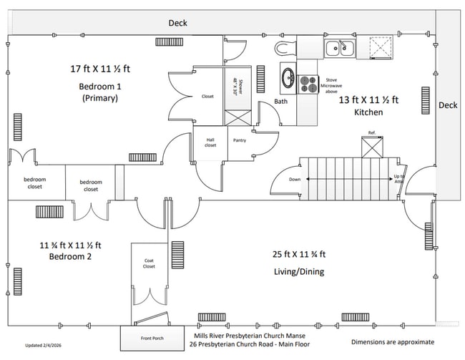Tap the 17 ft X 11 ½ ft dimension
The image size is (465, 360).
[100, 69]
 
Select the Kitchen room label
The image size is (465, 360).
[368, 112]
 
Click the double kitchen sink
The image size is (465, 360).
[340, 49]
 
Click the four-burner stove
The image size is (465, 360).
[309, 84]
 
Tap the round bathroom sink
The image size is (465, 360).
[288, 77]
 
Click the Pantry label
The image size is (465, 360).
[240, 140]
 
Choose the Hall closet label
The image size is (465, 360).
[210, 142]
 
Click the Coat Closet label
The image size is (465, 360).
[149, 264]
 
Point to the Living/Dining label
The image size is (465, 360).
[299, 272]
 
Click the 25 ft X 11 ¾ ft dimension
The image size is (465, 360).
[299, 254]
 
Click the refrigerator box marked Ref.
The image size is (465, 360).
[372, 147]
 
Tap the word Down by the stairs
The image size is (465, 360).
[295, 180]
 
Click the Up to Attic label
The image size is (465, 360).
[399, 179]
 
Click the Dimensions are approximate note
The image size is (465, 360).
[393, 342]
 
